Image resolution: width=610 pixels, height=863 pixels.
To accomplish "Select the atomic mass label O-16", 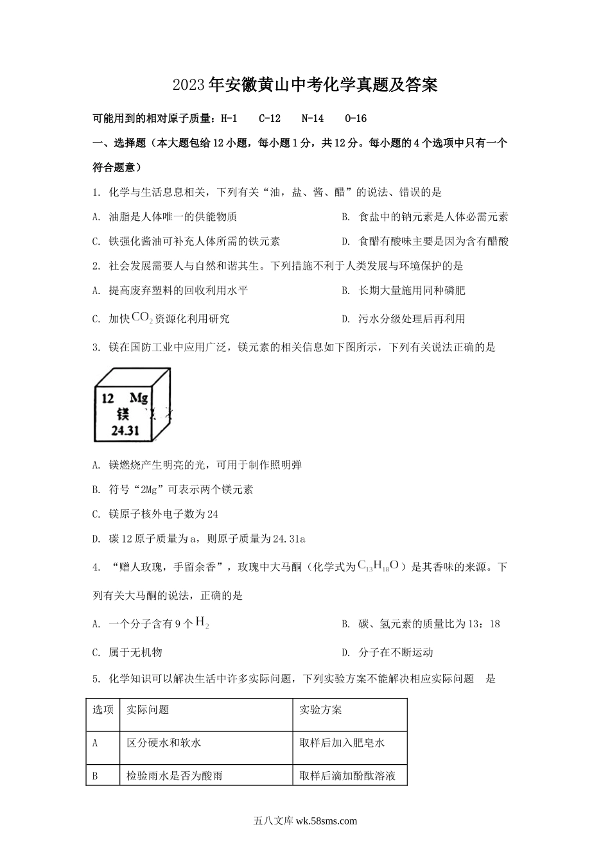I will [x=356, y=118].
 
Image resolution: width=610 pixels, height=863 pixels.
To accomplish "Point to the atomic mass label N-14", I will [x=313, y=118].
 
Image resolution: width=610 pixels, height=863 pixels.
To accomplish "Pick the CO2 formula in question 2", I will [x=142, y=317].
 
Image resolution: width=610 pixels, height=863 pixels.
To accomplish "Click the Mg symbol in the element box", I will [x=139, y=397].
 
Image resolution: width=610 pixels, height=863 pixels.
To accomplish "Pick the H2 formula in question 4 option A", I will [x=202, y=622].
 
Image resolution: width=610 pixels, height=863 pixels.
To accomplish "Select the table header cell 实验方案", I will [x=320, y=710].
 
